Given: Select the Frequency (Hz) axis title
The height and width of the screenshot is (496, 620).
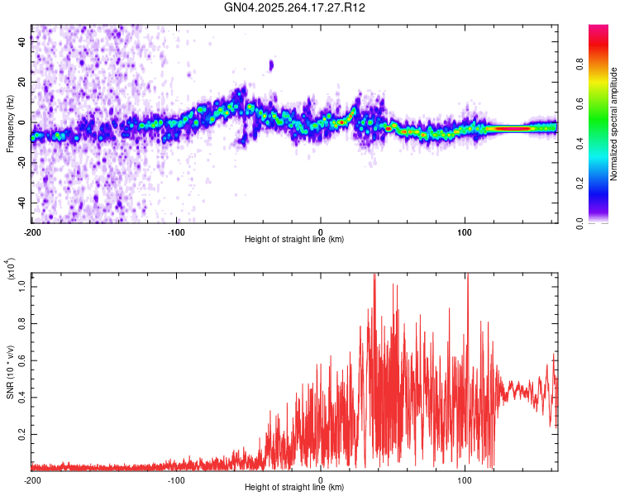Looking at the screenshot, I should [x=10, y=123].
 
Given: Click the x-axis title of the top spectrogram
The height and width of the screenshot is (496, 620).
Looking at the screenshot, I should [x=294, y=240].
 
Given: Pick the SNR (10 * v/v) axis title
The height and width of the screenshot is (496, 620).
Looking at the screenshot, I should [x=10, y=372].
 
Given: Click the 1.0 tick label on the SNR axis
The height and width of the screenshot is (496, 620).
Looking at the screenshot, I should [x=22, y=286].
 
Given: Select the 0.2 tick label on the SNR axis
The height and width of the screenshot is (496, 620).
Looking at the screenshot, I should [x=22, y=433].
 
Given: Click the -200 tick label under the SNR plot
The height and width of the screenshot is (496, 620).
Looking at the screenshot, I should [x=32, y=479].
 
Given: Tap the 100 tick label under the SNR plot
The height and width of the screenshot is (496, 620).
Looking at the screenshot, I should [x=465, y=479].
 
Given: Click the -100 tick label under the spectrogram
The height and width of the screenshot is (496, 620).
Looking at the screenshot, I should [x=176, y=232].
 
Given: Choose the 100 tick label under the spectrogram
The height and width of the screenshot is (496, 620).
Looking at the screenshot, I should [x=465, y=232].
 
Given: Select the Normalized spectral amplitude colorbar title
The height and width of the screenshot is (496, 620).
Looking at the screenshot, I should [x=614, y=124].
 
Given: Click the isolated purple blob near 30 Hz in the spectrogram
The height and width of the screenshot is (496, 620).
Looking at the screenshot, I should [x=271, y=64].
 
